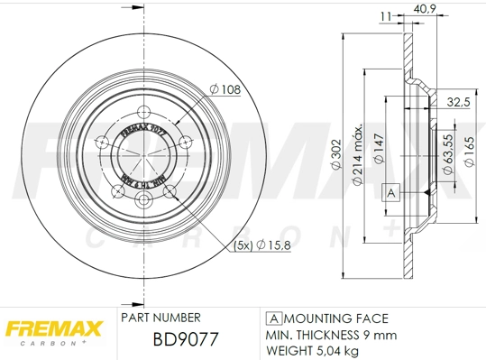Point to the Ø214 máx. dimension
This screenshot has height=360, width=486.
(358, 155)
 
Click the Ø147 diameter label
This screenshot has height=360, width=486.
(381, 147)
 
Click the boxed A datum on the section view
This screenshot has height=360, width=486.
(390, 192)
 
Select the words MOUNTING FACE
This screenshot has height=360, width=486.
(336, 318)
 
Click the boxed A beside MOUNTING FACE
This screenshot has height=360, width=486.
(271, 318)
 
